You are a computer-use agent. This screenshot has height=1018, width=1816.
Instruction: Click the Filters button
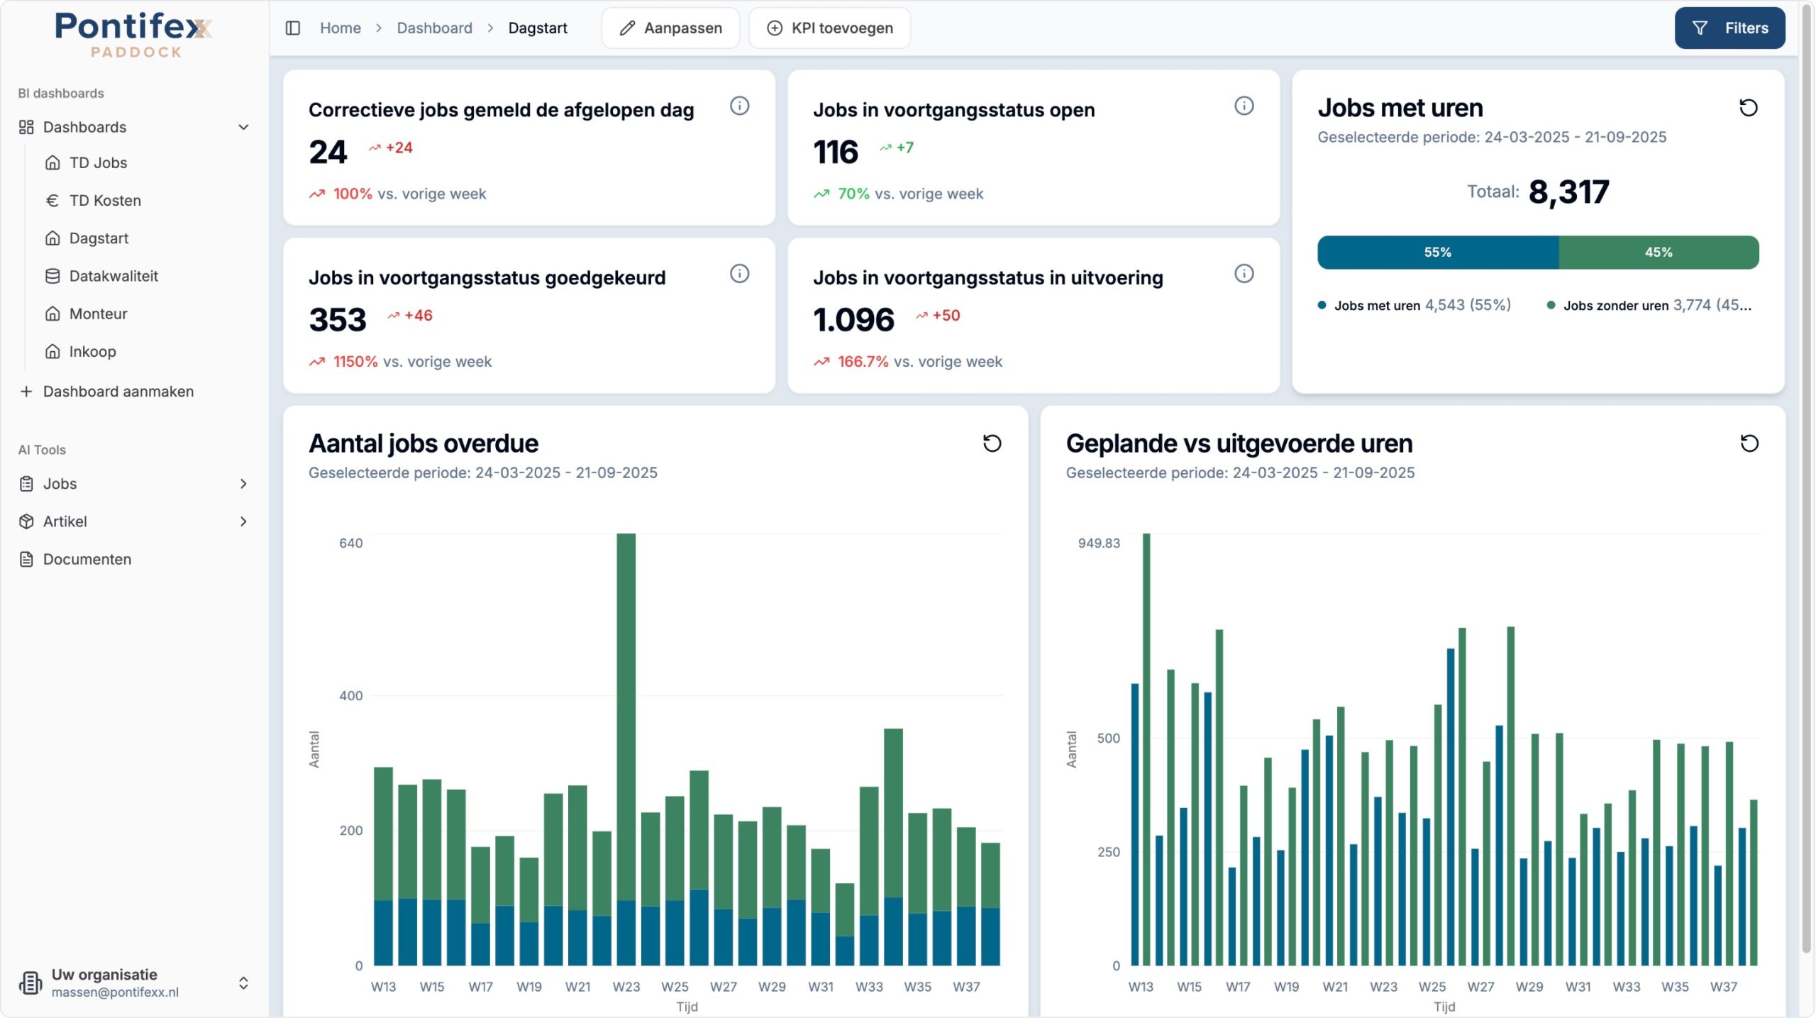(x=1729, y=28)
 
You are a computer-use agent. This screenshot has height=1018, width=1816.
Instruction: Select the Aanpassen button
(x=670, y=28)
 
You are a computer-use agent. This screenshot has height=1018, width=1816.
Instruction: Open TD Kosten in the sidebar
(x=105, y=201)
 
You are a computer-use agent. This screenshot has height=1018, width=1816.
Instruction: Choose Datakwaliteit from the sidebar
(x=113, y=276)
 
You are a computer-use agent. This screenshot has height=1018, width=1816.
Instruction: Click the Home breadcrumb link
(x=340, y=28)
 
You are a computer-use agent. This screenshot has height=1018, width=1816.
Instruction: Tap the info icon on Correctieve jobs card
(x=739, y=106)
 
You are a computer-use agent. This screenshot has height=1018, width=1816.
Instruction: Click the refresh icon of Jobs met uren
(x=1749, y=108)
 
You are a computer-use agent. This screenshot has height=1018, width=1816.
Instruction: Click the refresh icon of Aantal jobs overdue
(x=992, y=443)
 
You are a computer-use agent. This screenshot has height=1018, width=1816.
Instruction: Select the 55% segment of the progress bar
(x=1438, y=253)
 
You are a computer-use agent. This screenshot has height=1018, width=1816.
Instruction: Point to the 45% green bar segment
(x=1659, y=253)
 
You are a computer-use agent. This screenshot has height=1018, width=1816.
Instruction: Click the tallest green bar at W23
(x=626, y=717)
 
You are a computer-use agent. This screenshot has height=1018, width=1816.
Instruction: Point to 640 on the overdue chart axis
(x=350, y=543)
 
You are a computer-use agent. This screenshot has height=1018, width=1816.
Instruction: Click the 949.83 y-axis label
(x=1099, y=543)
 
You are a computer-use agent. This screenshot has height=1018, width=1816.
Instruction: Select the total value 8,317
(x=1568, y=192)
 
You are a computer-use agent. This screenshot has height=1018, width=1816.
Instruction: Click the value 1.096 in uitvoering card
(x=853, y=320)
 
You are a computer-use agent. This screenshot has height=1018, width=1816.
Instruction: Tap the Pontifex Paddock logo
(x=134, y=34)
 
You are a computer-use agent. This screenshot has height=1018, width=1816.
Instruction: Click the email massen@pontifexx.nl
(x=115, y=992)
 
